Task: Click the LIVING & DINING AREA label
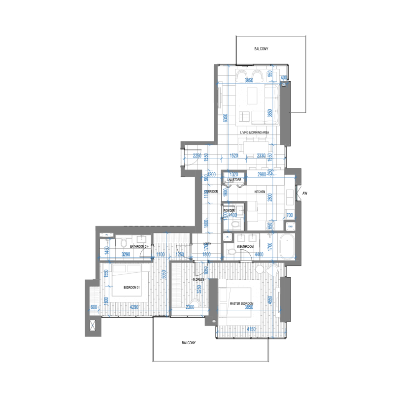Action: point(254,133)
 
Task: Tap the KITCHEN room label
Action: point(260,192)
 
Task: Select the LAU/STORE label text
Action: point(234,181)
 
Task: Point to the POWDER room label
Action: point(229,211)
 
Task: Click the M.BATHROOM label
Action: point(245,246)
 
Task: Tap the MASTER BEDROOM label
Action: point(242,303)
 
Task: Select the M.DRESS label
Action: point(198,280)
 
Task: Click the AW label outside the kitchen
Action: point(305,193)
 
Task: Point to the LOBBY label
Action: point(207,244)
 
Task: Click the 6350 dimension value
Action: point(225,118)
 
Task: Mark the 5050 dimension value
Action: point(163,276)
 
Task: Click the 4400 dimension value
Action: point(260,254)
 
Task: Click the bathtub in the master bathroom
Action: point(286,246)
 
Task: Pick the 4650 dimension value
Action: point(269,300)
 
